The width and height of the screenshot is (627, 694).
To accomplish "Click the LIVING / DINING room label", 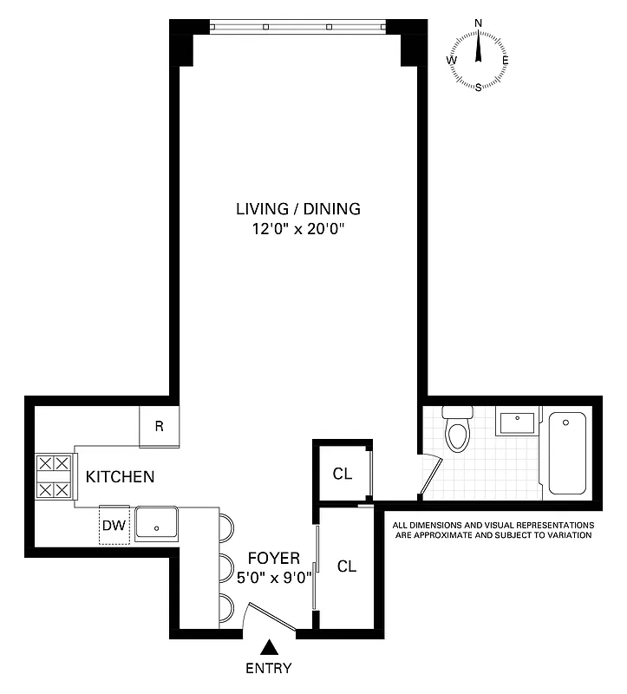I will tap(297, 208).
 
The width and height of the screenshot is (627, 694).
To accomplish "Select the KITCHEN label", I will tap(120, 476).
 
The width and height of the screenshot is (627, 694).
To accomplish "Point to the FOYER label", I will tap(273, 558).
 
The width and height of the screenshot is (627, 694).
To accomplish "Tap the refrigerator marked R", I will tap(160, 426).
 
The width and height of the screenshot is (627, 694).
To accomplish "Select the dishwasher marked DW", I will tap(114, 524).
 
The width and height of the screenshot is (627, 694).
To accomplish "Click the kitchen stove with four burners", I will tap(54, 477).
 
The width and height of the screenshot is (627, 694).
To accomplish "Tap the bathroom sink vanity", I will tap(518, 423).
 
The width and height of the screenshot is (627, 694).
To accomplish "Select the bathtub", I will tap(565, 452).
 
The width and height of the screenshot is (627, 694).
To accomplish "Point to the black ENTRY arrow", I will tap(271, 646).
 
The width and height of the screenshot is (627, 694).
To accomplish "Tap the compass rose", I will tap(478, 61).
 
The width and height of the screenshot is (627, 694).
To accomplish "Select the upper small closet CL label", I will tap(343, 474).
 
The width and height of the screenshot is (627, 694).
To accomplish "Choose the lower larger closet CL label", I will tap(347, 566).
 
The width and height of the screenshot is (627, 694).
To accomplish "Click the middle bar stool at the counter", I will tap(227, 567).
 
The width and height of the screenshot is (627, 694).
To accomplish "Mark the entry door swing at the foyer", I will tap(269, 615).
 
